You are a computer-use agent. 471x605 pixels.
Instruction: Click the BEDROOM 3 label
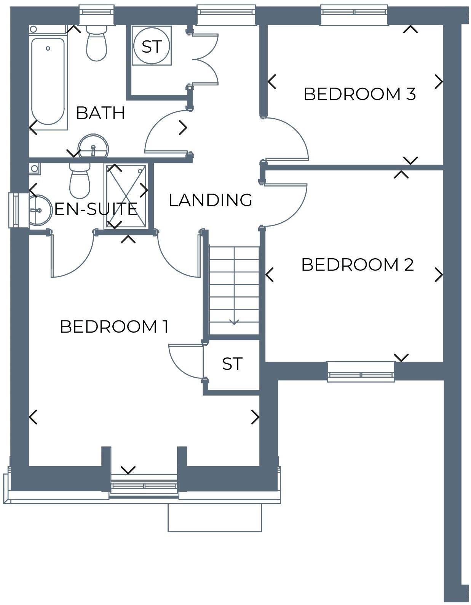[359, 94]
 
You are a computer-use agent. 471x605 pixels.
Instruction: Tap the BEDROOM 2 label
[357, 265]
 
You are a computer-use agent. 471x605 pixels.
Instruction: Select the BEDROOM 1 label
[114, 327]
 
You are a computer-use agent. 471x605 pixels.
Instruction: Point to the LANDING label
[210, 200]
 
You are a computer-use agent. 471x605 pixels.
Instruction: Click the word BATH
[101, 113]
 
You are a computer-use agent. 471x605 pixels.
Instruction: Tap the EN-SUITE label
[96, 209]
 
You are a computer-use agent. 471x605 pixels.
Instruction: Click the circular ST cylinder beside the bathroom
[152, 46]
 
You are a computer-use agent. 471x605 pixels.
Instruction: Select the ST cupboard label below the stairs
[232, 364]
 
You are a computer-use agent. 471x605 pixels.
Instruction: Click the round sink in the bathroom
[93, 146]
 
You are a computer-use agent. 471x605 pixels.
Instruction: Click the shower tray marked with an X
[126, 196]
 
